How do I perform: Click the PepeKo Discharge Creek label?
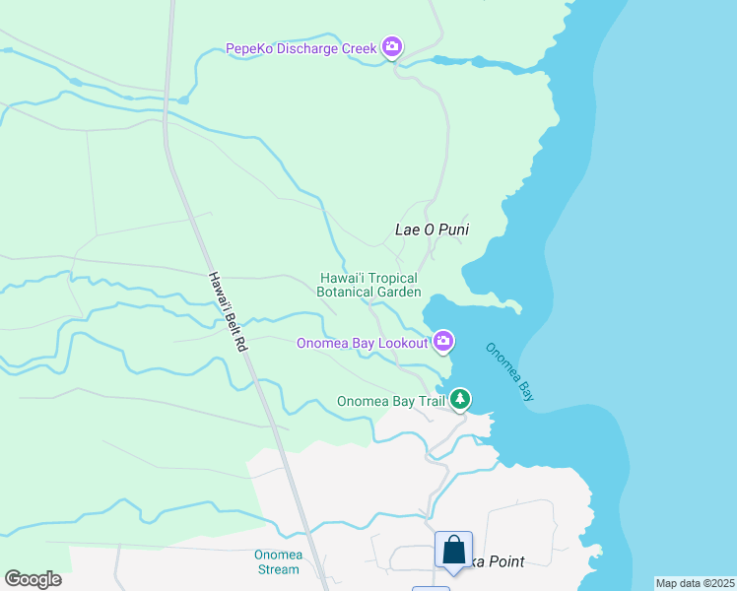[x=301, y=47]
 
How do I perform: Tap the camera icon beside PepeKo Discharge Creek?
[x=392, y=46]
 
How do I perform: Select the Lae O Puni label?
[x=432, y=230]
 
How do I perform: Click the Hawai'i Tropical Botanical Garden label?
[x=368, y=285]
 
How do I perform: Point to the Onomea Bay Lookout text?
[x=363, y=343]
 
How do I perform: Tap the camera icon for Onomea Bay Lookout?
[x=443, y=341]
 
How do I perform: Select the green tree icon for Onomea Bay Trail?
[x=459, y=399]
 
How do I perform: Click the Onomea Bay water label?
[x=509, y=370]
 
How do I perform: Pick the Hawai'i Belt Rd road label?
[x=228, y=313]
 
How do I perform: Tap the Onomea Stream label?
[x=277, y=561]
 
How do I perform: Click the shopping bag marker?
[x=453, y=551]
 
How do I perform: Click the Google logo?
[x=33, y=579]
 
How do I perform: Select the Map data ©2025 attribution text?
[x=695, y=583]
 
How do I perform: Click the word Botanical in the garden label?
[x=346, y=292]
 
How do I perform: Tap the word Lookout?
[x=402, y=343]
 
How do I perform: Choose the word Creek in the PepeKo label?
[x=360, y=47]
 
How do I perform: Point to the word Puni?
[x=451, y=230]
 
